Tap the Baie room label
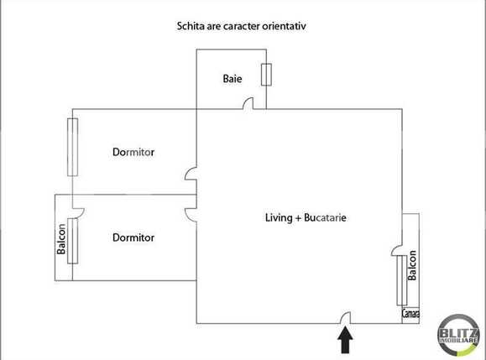pos(233,79)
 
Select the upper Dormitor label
pos(134,152)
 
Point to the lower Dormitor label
pos(134,237)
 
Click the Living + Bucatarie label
pos(306,217)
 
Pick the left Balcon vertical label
pos(61,240)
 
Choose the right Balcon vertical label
pos(411,267)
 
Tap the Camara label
pos(410,315)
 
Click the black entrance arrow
pos(344,340)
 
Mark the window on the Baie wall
pos(266,75)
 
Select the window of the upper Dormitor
pos(72,147)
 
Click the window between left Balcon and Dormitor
pos(72,241)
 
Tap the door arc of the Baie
pos(248,104)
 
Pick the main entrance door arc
pos(344,318)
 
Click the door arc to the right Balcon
pos(395,249)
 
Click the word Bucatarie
pos(322,217)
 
